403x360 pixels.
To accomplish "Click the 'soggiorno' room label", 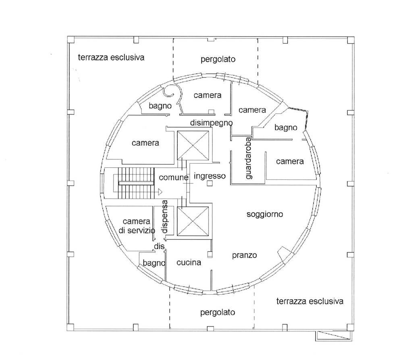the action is point(265,214).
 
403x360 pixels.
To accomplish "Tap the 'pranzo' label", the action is point(245,255).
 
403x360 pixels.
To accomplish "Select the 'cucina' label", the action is point(189,262).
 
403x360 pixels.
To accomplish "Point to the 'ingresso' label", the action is point(210,176).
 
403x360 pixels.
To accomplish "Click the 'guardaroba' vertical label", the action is point(249,158).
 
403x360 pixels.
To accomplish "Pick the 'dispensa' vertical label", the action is point(164,216).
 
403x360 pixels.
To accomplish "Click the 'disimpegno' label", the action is point(211,123).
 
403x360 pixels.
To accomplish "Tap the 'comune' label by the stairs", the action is point(173,177).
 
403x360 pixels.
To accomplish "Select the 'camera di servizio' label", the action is point(137,226).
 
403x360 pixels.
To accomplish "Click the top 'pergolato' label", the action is point(218,59).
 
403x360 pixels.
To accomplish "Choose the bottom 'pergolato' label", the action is point(218,312).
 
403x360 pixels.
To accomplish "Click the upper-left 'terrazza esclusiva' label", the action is point(111,57).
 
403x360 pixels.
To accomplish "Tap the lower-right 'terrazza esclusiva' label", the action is point(310,301).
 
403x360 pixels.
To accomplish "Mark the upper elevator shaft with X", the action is point(193,145).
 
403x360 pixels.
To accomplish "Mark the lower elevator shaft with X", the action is point(193,221).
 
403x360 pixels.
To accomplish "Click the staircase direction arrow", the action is point(160,192).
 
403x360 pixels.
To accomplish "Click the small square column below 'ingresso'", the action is point(210,183).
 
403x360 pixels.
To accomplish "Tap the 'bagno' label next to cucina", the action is point(154,263).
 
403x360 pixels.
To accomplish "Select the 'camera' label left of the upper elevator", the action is point(145,143).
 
